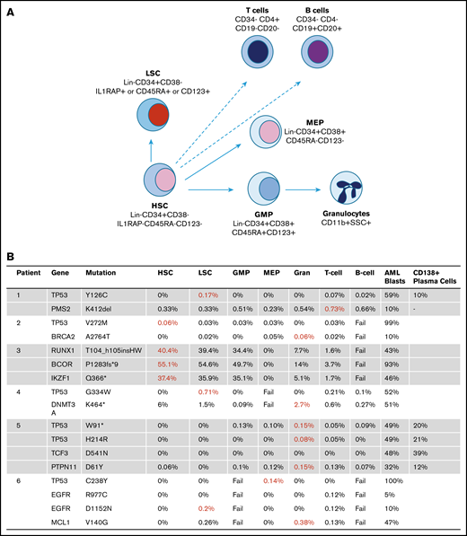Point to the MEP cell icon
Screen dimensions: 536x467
(x=269, y=134)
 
